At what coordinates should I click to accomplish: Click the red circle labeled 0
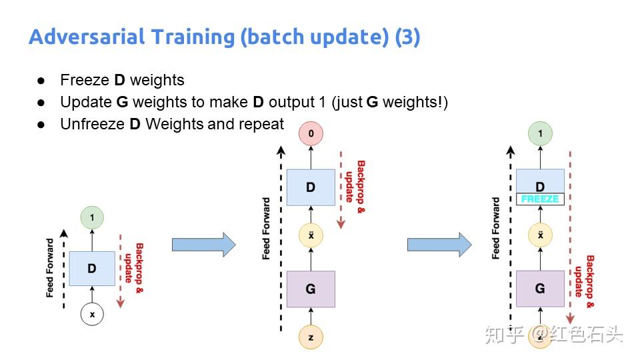click(311, 134)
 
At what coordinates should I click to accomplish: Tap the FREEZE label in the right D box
click(540, 199)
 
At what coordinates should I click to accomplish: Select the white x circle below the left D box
click(92, 314)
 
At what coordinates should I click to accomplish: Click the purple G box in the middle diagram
click(311, 289)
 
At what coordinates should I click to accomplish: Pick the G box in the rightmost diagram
click(540, 289)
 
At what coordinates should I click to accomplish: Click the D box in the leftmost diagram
click(92, 269)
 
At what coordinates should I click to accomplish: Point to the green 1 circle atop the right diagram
click(540, 134)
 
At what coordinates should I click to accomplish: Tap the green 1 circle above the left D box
click(92, 218)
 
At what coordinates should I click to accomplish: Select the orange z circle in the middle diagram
click(311, 337)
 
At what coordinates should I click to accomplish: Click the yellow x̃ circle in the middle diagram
click(311, 235)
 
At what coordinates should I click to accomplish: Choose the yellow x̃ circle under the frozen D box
click(540, 235)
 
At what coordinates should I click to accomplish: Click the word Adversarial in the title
click(80, 37)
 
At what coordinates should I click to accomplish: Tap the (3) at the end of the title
click(407, 37)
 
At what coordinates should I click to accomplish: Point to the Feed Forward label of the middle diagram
click(267, 228)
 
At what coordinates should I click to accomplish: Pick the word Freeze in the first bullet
click(85, 80)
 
